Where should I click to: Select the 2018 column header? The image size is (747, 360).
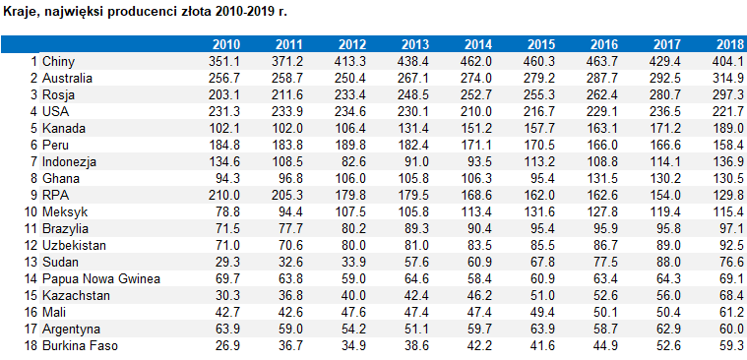pyautogui.click(x=729, y=44)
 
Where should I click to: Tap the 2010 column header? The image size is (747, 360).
pyautogui.click(x=226, y=44)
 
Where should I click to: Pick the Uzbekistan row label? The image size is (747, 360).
pyautogui.click(x=76, y=245)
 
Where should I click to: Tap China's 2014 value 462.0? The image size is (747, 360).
pyautogui.click(x=476, y=61)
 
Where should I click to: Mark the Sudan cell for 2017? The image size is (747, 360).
pyautogui.click(x=668, y=262)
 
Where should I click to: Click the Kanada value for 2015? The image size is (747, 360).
pyautogui.click(x=540, y=128)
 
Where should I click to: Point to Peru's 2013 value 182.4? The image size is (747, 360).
pyautogui.click(x=414, y=145)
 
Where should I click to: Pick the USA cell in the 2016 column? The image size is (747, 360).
pyautogui.click(x=603, y=111)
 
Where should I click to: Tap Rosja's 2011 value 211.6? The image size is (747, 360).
pyautogui.click(x=288, y=94)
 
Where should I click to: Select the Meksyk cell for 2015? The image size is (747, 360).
pyautogui.click(x=540, y=211)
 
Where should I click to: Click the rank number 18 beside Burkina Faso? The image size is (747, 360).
pyautogui.click(x=30, y=345)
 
